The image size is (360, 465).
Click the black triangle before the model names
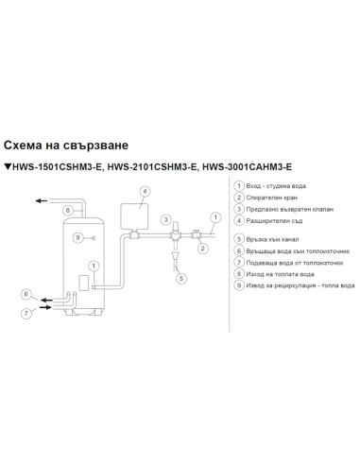click(x=8, y=167)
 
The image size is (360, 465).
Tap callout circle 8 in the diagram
click(x=67, y=209)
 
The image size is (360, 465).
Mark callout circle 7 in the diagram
click(x=26, y=311)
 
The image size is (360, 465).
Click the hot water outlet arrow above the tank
click(x=40, y=200)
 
